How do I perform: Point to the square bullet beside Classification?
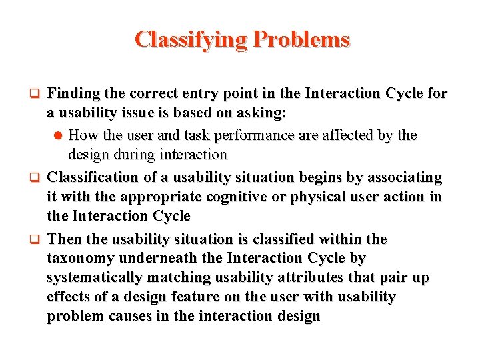pos(38,178)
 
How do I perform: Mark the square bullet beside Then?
pos(38,239)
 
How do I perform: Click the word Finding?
pos(74,94)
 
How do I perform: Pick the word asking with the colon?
pos(263,113)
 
